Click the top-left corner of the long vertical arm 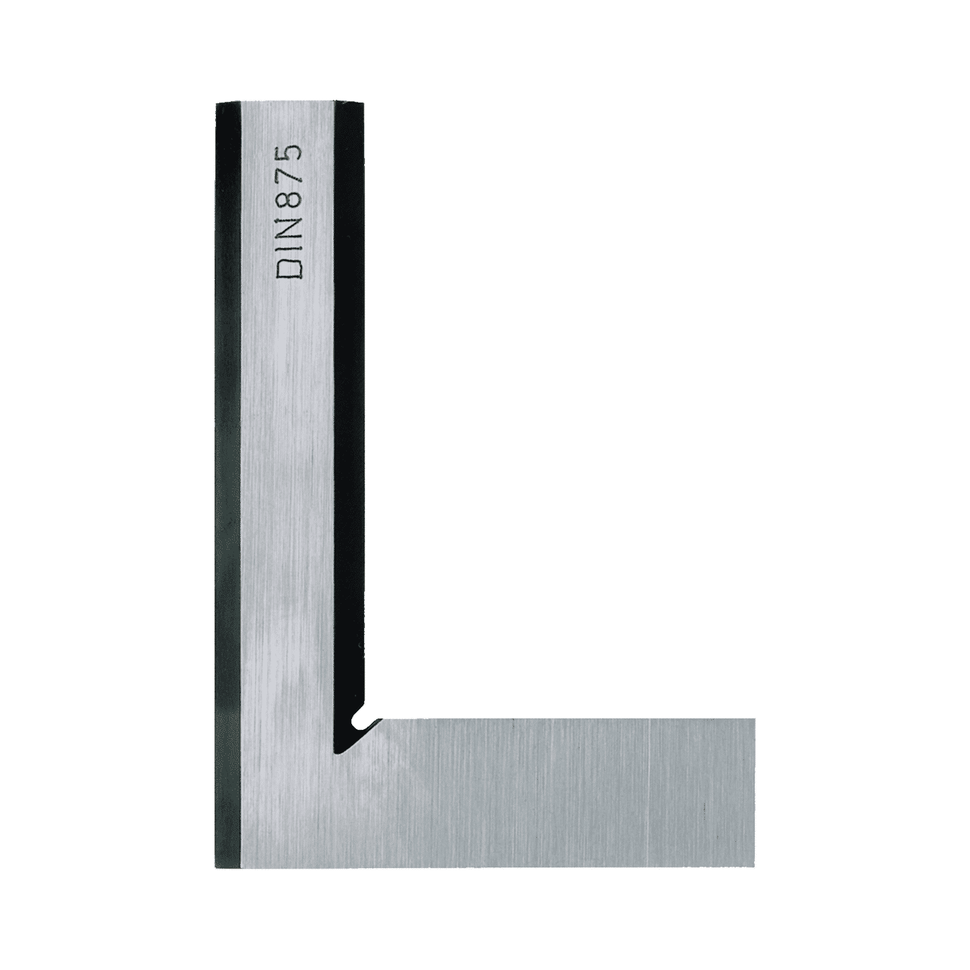[217, 105]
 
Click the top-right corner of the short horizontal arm [755, 719]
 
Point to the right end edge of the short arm [755, 793]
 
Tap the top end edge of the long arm [290, 105]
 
